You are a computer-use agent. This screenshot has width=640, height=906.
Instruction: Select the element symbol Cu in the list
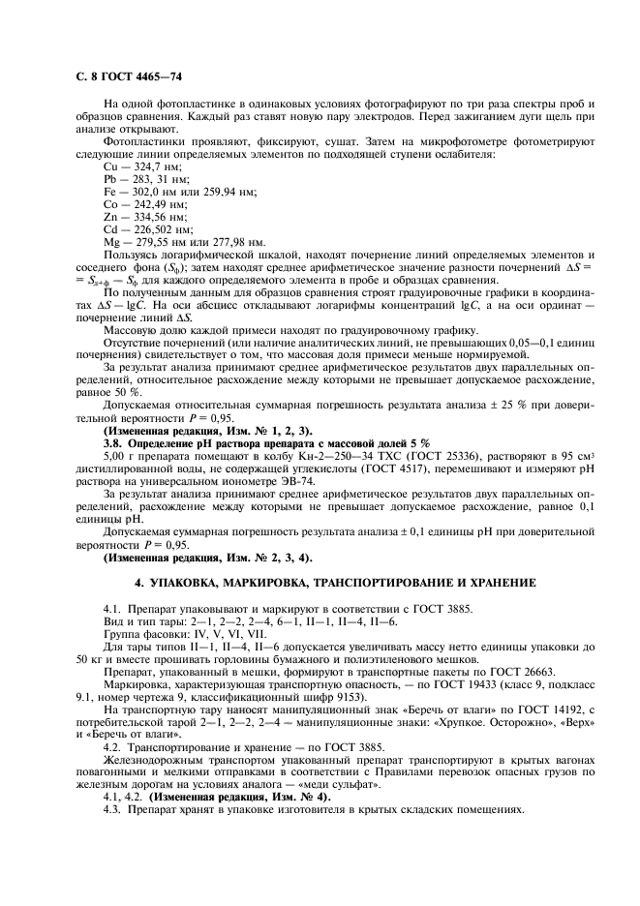pyautogui.click(x=109, y=167)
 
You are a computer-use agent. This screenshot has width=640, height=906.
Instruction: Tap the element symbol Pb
pyautogui.click(x=109, y=179)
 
